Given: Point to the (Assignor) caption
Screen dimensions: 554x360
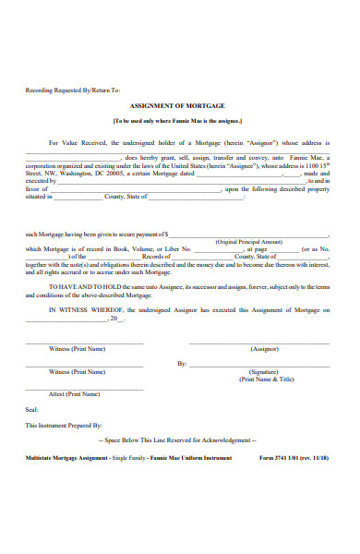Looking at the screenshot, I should point(264,349).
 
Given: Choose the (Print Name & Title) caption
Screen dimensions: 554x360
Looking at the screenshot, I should point(266,379).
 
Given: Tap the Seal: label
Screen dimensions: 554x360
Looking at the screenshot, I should point(32,409).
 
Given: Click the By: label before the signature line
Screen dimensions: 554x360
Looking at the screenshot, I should point(182,364).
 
